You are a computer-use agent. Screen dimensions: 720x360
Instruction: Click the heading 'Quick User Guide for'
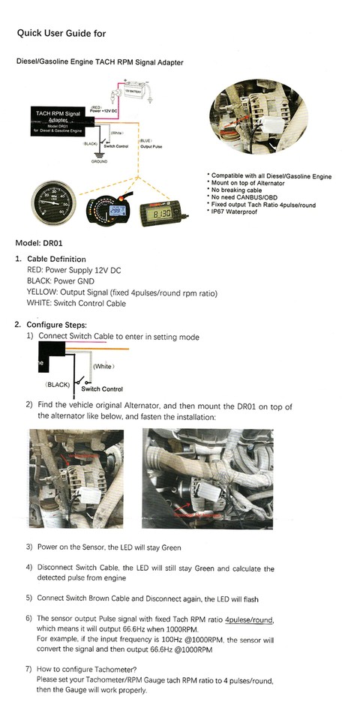pyautogui.click(x=61, y=33)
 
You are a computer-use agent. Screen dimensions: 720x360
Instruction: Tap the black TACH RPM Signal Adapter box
pyautogui.click(x=57, y=120)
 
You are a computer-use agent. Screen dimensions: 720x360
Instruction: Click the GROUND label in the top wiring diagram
pyautogui.click(x=99, y=161)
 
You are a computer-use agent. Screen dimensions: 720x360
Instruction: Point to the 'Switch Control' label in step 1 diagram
pyautogui.click(x=101, y=389)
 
